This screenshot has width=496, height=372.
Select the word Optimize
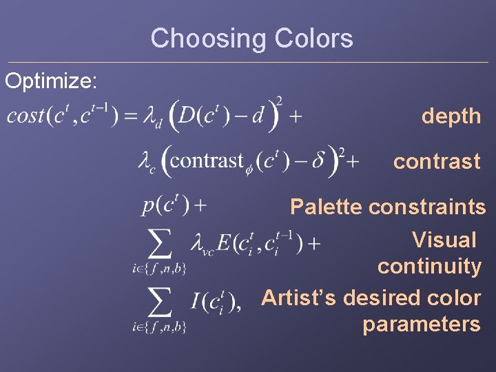pos(51,81)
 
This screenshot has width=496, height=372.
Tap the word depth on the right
pos(451,116)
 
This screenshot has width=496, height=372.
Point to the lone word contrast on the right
pos(437,162)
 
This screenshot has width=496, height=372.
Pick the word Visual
pos(444,240)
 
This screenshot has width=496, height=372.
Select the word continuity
pos(428,266)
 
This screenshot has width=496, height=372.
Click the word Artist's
pos(299,298)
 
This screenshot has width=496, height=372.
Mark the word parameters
pos(421,324)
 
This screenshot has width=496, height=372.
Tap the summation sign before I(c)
pos(160,301)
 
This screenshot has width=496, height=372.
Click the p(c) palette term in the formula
pos(165,205)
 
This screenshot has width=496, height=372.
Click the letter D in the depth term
pos(187,116)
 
